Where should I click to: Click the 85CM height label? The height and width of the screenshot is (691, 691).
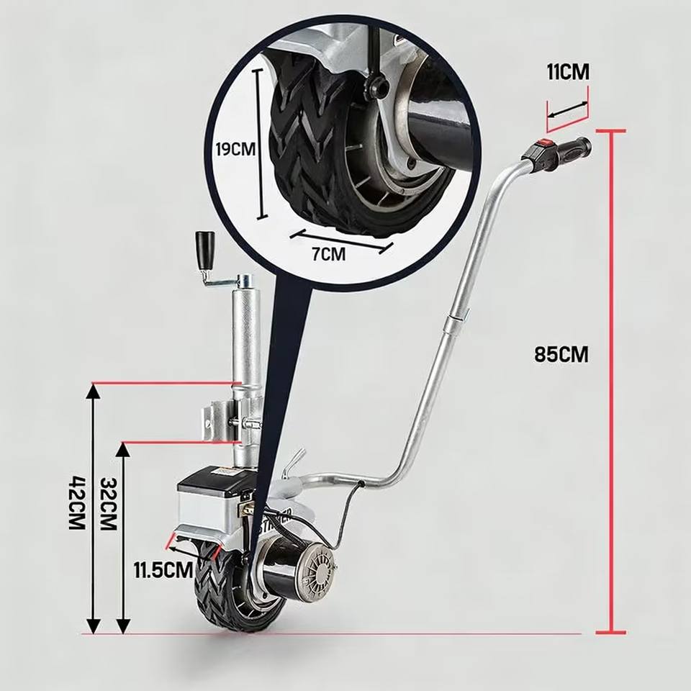click(x=561, y=354)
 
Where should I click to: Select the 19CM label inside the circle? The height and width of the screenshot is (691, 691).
click(x=235, y=150)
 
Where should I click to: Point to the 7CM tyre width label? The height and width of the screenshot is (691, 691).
click(x=328, y=253)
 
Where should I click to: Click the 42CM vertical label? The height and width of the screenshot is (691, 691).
click(x=78, y=502)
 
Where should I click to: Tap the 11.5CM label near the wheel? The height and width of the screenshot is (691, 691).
click(x=163, y=570)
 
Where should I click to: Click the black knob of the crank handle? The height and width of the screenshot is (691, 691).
click(x=205, y=248)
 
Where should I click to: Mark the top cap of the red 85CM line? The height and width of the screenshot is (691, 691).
click(x=611, y=131)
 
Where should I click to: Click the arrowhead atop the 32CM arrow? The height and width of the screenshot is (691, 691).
click(x=123, y=448)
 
